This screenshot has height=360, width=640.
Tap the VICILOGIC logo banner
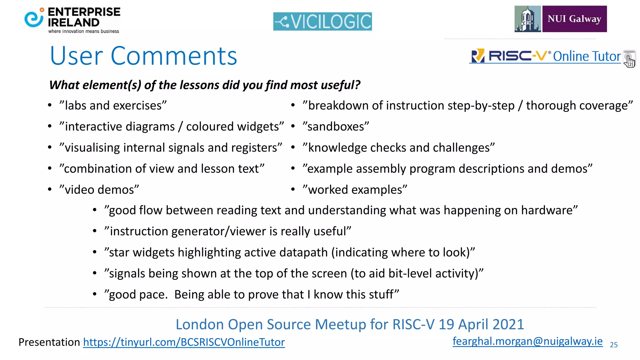pos(322,22)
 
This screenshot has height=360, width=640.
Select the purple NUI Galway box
pos(574,19)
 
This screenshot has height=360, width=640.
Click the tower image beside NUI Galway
pos(528,19)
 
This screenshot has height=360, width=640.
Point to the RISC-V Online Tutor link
pos(545,56)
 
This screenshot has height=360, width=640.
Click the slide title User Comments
pos(143,56)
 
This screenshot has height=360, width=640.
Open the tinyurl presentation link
pos(184,342)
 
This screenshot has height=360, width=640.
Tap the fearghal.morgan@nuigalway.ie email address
pos(527,341)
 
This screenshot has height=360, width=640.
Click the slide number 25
pos(614,345)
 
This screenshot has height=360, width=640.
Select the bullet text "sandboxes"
pos(336,127)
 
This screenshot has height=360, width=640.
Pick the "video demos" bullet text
pos(99,190)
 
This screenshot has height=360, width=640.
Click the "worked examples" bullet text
pos(355,190)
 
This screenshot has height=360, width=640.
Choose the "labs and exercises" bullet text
pos(113,106)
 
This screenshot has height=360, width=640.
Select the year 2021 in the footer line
pos(508,324)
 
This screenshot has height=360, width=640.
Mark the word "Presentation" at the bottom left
pos(49,342)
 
